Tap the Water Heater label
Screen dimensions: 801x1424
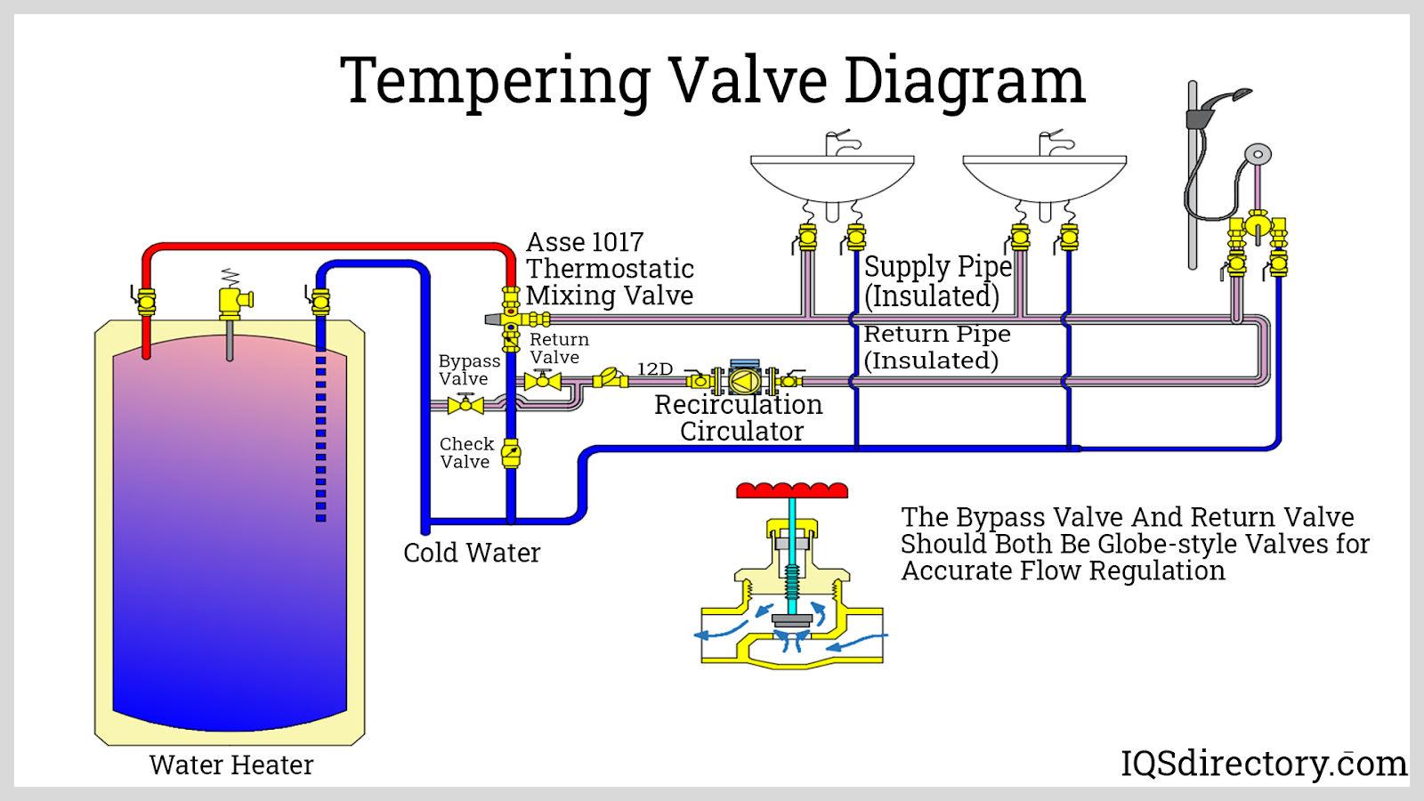231,765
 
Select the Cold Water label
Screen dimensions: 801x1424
472,553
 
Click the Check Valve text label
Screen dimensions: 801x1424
465,453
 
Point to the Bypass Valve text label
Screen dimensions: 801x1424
468,369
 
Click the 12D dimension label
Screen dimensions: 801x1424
655,368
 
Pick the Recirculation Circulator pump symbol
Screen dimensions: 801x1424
744,380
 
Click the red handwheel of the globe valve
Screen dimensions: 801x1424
792,490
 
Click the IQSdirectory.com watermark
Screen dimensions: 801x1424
1263,764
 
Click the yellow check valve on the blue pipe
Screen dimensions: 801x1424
511,453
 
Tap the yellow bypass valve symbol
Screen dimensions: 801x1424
465,405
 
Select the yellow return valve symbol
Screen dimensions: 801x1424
542,381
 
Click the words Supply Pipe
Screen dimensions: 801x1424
937,266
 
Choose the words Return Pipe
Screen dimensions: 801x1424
937,334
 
